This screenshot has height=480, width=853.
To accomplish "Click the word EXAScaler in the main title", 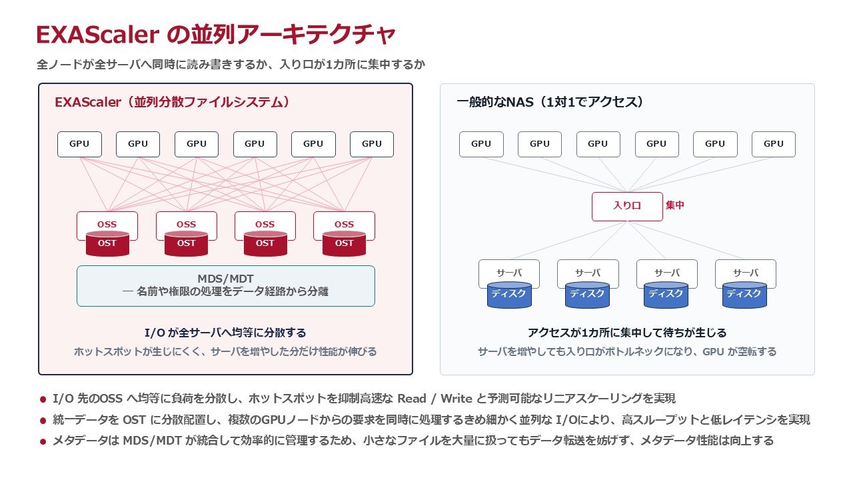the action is coord(97,35).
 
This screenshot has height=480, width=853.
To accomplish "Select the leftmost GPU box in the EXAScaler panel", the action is coord(79,145).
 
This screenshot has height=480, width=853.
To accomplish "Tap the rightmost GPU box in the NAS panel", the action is coord(774,145).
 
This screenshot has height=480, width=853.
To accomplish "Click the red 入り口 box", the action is coord(627,207).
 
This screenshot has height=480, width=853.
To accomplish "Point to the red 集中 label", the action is coord(675,205).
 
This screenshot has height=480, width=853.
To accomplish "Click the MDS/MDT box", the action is coord(226,286).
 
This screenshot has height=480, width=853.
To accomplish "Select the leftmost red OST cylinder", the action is coord(107,243).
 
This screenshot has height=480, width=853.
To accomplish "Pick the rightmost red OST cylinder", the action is coord(345,243).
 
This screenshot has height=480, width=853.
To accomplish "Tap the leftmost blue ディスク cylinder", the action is coord(509,295).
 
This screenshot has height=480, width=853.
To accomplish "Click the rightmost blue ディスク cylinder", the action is coord(744,295).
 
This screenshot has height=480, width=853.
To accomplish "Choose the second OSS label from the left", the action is coord(186,225).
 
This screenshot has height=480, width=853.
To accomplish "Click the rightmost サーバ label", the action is coord(746,273).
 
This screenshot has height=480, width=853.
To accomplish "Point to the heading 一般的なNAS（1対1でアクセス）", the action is coord(550,102).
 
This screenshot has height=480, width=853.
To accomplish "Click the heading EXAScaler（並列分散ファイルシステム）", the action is coord(173,102).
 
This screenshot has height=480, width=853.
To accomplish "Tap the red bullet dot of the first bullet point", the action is coord(43,399).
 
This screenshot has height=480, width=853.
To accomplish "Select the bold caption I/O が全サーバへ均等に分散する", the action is coord(225,333).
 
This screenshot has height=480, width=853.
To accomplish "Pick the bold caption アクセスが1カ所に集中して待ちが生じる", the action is coord(627,333).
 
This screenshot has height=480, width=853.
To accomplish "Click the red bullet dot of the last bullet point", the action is coord(43,441).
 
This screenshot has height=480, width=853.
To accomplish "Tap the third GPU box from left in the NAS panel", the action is coord(598,145).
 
